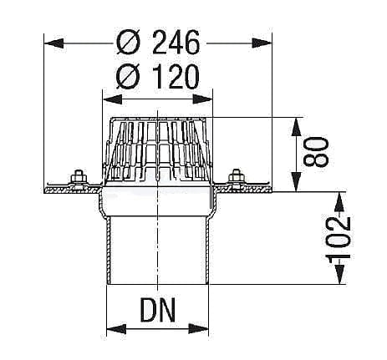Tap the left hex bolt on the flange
(x=79, y=177)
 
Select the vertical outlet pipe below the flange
(x=156, y=251)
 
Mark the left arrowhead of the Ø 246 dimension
(x=48, y=41)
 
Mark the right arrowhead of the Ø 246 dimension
(x=268, y=41)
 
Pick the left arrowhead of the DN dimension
(x=109, y=328)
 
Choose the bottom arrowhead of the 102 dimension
(x=338, y=280)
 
